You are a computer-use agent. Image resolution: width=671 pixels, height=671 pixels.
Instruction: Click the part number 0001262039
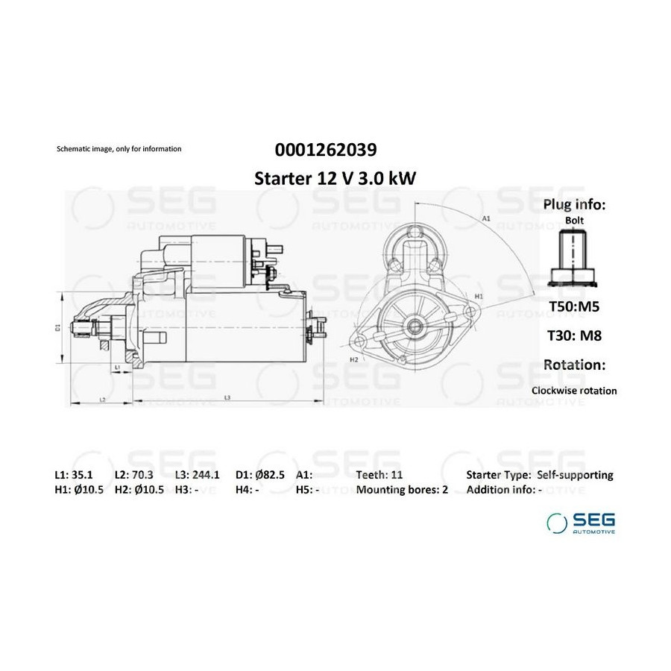(x=326, y=150)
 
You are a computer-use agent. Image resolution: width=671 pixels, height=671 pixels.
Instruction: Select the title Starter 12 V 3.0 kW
(x=335, y=178)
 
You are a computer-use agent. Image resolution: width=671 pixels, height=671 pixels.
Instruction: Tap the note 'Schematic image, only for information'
(x=119, y=149)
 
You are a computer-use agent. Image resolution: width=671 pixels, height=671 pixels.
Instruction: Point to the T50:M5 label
(x=574, y=306)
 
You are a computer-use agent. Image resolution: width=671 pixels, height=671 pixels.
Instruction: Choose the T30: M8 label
(x=574, y=335)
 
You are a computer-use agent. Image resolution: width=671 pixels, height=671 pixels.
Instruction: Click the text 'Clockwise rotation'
(x=574, y=391)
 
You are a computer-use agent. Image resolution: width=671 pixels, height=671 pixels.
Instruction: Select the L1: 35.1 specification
(x=74, y=475)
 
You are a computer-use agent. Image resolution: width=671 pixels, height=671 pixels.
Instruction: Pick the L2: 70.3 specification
(x=134, y=475)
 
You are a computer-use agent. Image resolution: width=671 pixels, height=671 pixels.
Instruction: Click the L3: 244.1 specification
(x=198, y=475)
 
